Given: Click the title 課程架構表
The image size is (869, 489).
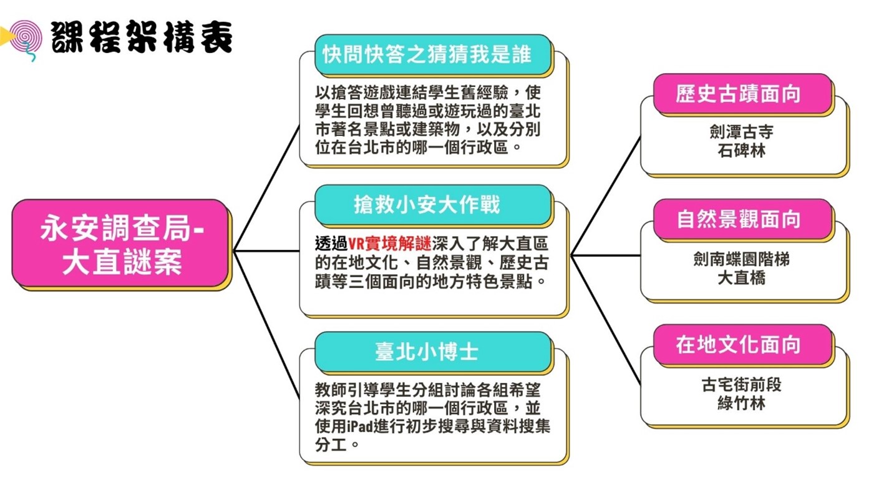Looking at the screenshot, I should click(x=142, y=37).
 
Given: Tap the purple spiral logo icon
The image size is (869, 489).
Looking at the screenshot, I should click(x=25, y=38).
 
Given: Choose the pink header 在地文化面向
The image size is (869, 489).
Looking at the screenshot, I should click(x=742, y=344).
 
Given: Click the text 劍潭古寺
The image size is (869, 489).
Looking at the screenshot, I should click(x=741, y=132).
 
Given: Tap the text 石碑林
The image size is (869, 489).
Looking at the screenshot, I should click(x=741, y=151).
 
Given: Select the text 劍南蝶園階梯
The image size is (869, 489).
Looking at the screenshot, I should click(x=741, y=259).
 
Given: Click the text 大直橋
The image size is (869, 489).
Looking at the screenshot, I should click(x=741, y=277).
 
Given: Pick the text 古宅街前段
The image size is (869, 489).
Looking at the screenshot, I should click(x=741, y=384).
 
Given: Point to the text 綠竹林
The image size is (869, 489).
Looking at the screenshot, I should click(x=741, y=403).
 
